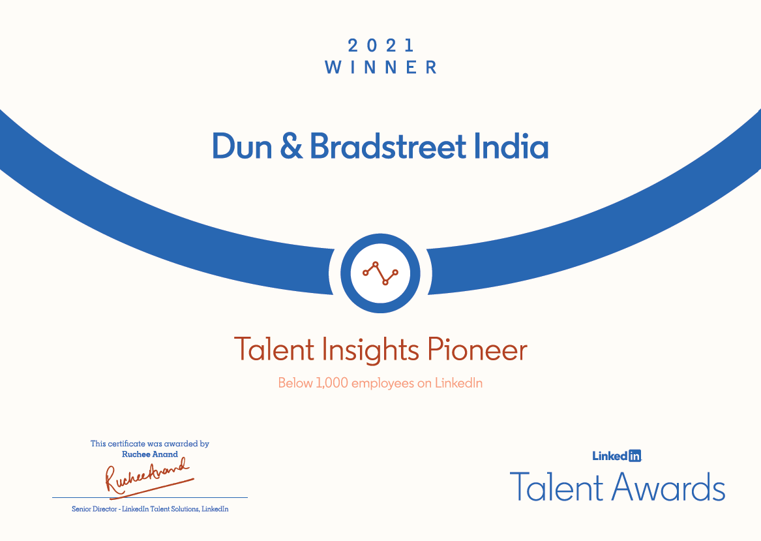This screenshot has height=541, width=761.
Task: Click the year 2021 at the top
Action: (x=381, y=46)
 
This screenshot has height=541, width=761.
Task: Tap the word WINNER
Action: (x=381, y=67)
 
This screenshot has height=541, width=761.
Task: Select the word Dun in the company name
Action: (x=242, y=147)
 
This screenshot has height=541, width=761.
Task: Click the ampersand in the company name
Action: (x=291, y=147)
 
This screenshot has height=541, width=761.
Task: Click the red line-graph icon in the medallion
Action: (x=380, y=272)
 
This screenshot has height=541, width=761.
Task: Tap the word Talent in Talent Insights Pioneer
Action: (x=275, y=350)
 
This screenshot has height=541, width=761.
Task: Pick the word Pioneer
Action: (x=477, y=350)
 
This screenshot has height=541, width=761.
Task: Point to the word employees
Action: (x=383, y=384)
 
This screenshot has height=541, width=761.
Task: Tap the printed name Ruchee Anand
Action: (x=150, y=454)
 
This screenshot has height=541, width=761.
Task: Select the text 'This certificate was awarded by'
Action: (x=150, y=444)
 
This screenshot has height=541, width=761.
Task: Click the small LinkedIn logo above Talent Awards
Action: (x=617, y=456)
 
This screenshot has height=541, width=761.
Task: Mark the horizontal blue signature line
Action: (x=150, y=498)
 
